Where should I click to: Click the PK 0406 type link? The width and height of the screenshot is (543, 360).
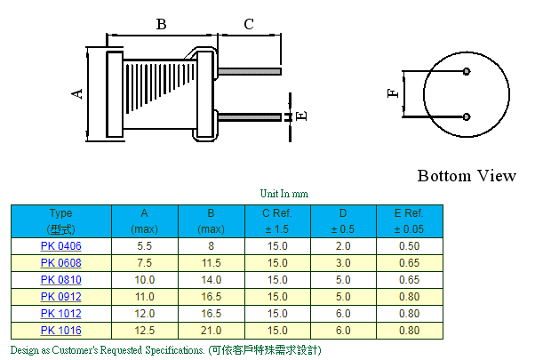click(60, 246)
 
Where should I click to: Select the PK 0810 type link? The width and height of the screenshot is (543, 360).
click(60, 280)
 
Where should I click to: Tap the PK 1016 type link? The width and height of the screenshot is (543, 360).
click(60, 331)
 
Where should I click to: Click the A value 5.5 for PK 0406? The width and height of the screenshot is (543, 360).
click(144, 246)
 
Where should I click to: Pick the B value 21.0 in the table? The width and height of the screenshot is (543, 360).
click(211, 331)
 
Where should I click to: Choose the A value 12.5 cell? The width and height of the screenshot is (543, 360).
click(144, 331)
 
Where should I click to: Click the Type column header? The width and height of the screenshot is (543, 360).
click(60, 220)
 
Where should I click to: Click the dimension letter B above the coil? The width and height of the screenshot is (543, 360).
click(161, 25)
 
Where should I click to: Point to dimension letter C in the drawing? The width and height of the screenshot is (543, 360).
click(249, 25)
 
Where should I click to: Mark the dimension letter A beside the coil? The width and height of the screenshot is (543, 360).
click(78, 93)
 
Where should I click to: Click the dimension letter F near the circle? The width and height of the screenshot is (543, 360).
click(394, 93)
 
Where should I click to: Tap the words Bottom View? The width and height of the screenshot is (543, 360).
click(466, 176)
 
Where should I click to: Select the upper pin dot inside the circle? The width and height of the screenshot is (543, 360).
click(467, 72)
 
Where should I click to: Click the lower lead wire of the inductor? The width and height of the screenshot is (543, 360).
click(249, 116)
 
